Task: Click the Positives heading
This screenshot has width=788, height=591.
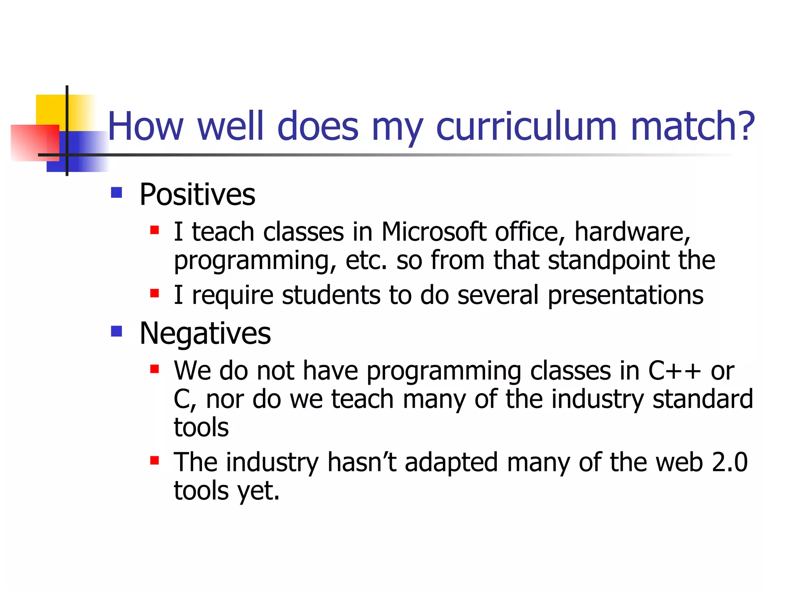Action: click(197, 194)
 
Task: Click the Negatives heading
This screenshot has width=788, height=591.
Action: click(205, 333)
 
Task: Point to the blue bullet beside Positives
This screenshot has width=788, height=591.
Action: click(116, 192)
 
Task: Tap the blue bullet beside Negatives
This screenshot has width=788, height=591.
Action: click(116, 331)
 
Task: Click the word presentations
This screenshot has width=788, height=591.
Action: click(625, 295)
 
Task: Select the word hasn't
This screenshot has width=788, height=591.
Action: click(361, 462)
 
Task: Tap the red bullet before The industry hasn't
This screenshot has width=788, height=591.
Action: click(154, 461)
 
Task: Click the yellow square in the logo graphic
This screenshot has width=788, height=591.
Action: click(50, 110)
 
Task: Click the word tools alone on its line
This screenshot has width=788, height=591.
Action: click(201, 427)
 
